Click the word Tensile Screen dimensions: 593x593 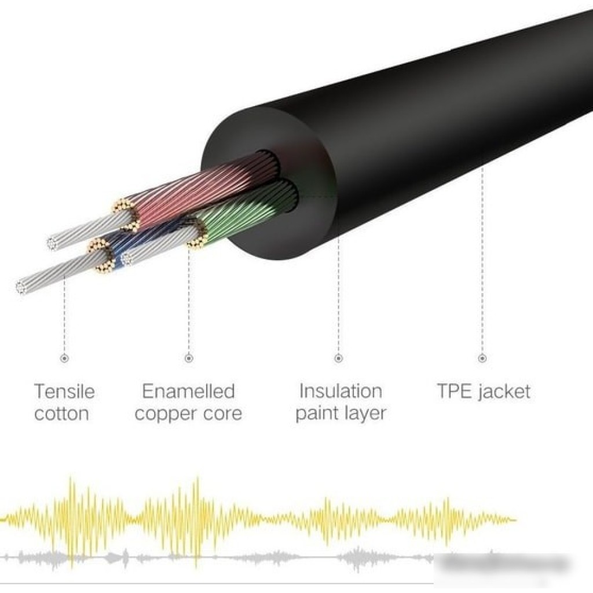click(64, 391)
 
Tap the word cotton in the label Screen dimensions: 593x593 click(61, 414)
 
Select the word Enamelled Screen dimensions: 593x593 click(188, 391)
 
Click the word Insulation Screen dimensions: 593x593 click(340, 391)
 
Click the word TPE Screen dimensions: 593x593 click(456, 391)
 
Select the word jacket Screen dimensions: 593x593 click(504, 392)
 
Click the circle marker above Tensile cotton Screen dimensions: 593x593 click(64, 359)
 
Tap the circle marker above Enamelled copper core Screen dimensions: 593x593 click(188, 359)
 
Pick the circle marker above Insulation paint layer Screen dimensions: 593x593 click(339, 359)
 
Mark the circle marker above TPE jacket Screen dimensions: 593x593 click(482, 359)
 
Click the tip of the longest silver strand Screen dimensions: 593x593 click(22, 286)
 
